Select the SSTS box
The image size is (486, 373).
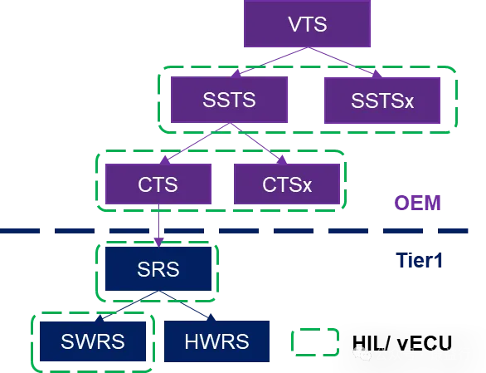228,100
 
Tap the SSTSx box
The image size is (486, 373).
382,100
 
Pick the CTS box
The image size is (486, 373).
158,183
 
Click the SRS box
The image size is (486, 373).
158,269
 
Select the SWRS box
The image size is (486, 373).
94,341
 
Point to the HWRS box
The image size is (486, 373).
216,341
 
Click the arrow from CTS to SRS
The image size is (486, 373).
158,224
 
